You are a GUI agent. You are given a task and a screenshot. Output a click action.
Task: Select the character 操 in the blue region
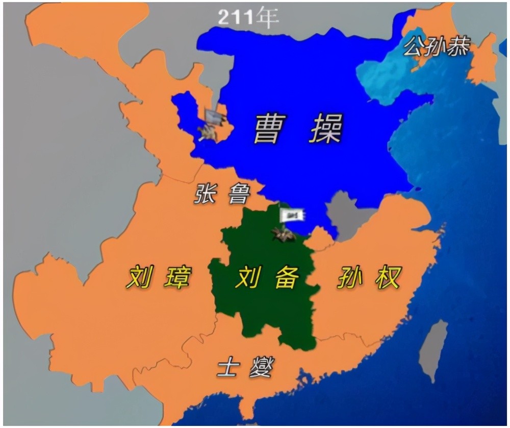(325, 128)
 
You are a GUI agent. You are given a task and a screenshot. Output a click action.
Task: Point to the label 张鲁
(222, 194)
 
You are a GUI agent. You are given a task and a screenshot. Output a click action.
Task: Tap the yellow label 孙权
(368, 278)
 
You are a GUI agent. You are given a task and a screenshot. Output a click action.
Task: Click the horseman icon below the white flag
(284, 234)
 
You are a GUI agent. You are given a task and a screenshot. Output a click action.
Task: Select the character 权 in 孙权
(386, 278)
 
